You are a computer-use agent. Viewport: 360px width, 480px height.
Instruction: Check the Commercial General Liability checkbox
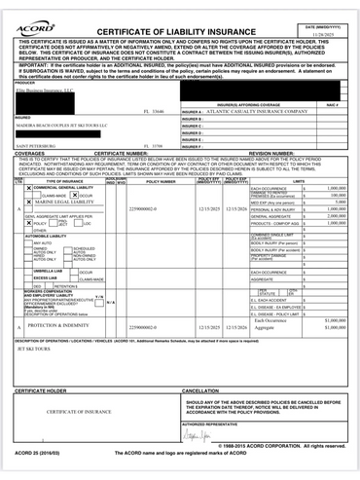[28, 188]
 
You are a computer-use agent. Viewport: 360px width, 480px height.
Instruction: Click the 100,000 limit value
[337, 195]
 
